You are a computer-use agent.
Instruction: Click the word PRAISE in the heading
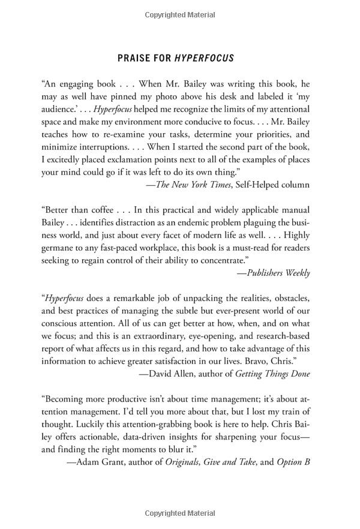tap(133, 58)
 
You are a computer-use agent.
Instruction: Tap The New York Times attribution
tap(193, 185)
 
